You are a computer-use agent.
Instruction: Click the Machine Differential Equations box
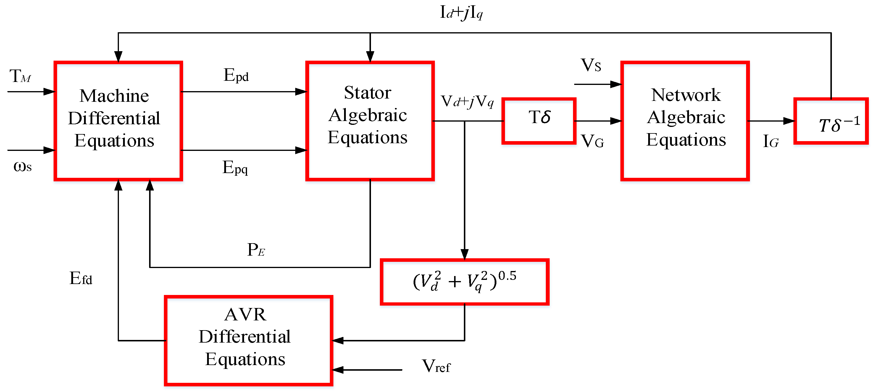118,121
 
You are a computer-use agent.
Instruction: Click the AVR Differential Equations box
248,340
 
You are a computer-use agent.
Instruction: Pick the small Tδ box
538,121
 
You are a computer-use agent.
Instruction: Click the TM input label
20,76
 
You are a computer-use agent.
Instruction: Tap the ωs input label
22,166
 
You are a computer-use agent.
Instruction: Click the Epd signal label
236,75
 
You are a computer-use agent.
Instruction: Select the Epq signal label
235,167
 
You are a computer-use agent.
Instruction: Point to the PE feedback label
256,250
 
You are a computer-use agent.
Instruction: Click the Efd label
81,278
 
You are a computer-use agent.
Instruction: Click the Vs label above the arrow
591,65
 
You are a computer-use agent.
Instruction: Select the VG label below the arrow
592,141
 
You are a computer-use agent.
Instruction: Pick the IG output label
770,141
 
